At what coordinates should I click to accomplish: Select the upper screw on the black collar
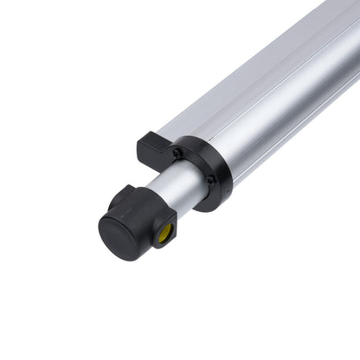pos(177,154)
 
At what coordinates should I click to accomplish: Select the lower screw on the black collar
pos(210,180)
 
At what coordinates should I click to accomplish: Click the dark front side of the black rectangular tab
pos(145,157)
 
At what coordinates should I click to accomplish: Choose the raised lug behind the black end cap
pos(123,196)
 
